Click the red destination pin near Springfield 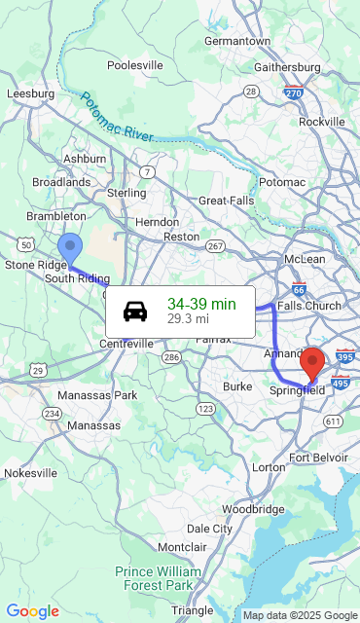312,363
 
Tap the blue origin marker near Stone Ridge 70,248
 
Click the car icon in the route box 135,311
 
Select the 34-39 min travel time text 201,304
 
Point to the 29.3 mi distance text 188,318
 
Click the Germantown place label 237,42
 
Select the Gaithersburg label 287,67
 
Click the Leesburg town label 30,93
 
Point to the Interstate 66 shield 299,289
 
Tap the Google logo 33,611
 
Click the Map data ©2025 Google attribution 300,615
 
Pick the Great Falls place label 226,200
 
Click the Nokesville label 30,472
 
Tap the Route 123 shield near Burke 205,409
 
